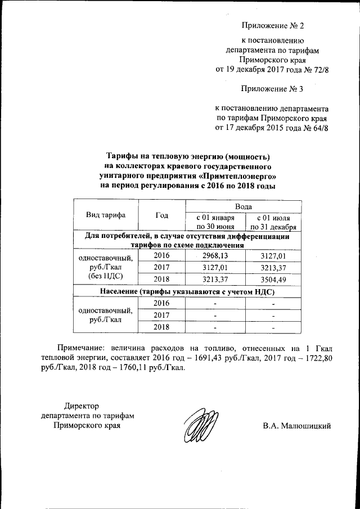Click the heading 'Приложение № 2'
click(x=272, y=26)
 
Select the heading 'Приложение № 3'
click(x=272, y=88)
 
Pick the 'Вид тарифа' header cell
click(x=106, y=215)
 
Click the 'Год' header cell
click(x=161, y=215)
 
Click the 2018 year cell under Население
click(x=161, y=327)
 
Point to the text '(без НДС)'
click(x=106, y=277)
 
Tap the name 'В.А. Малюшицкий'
click(x=296, y=425)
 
